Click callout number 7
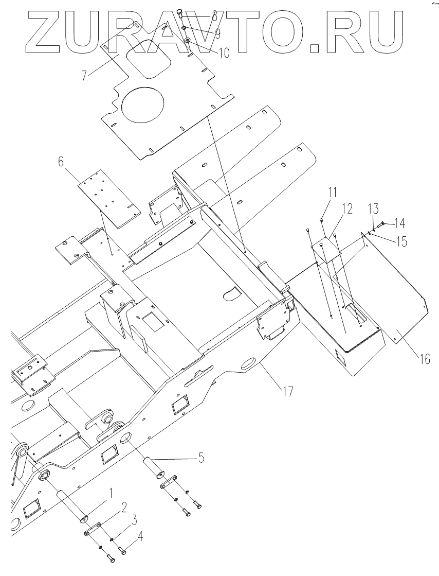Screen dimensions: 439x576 click(x=84, y=76)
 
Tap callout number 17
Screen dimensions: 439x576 click(x=288, y=391)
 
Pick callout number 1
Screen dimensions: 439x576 click(x=109, y=492)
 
